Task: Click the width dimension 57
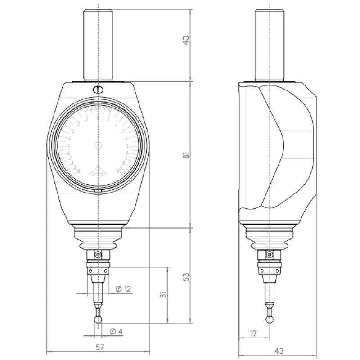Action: pyautogui.click(x=100, y=347)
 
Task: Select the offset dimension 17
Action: pyautogui.click(x=253, y=333)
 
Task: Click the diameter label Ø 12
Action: pyautogui.click(x=123, y=288)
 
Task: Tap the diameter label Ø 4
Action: pyautogui.click(x=116, y=331)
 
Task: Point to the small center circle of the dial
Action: pyautogui.click(x=98, y=145)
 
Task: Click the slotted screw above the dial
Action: pyautogui.click(x=98, y=89)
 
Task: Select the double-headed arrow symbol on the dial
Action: pyautogui.click(x=98, y=173)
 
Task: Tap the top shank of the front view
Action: pyautogui.click(x=98, y=45)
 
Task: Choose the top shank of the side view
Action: pyautogui.click(x=269, y=45)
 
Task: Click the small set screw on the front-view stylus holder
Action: pyautogui.click(x=98, y=255)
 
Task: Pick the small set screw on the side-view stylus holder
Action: pyautogui.click(x=269, y=255)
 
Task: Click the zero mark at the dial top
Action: pyautogui.click(x=98, y=117)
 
